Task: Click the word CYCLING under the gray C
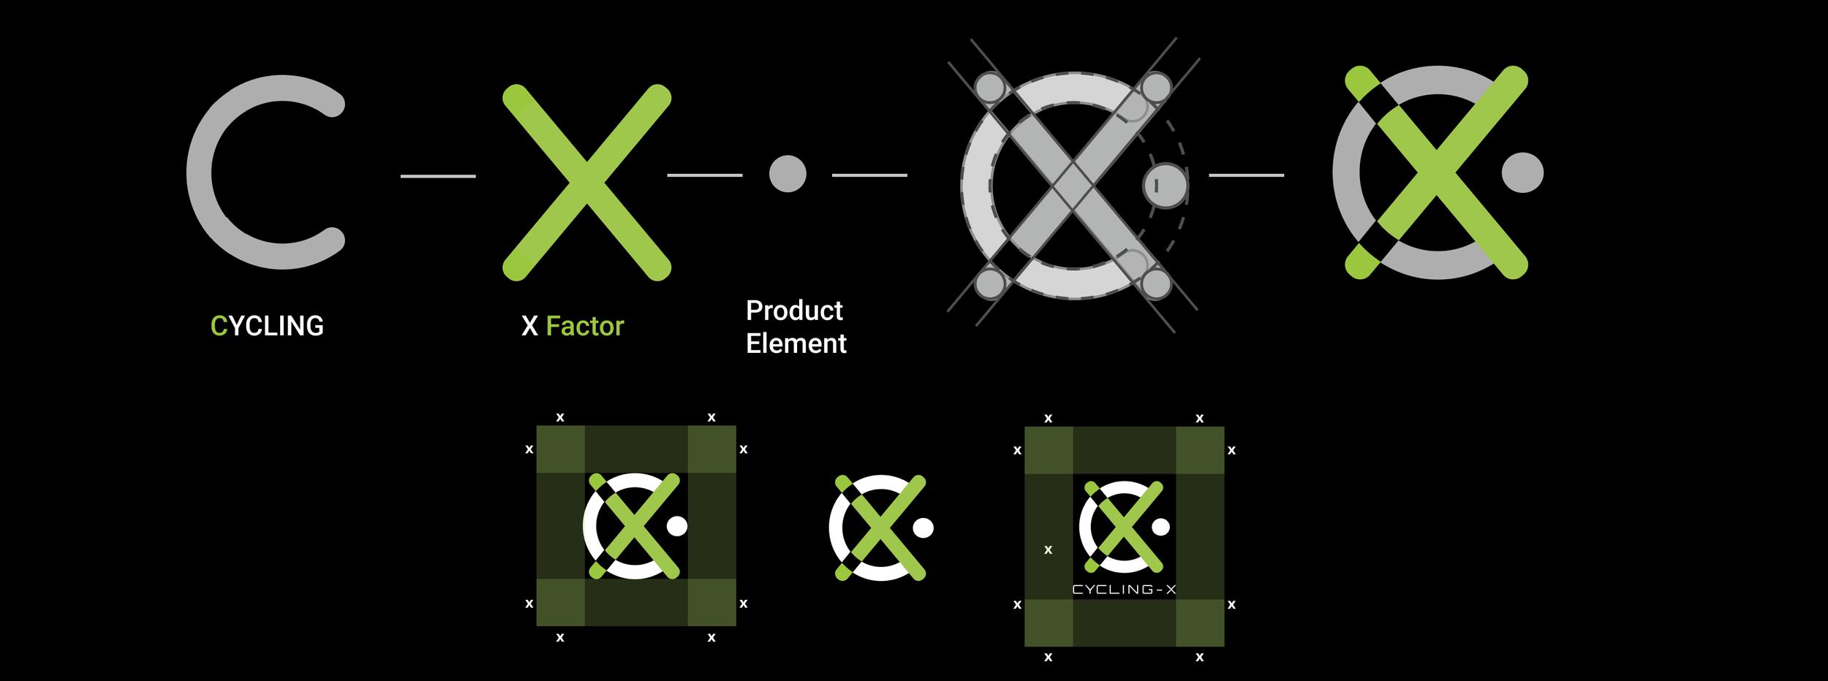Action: [267, 326]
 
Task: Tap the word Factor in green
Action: [585, 326]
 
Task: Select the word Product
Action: [794, 311]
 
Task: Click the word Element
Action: [796, 343]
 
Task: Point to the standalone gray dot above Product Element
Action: [788, 174]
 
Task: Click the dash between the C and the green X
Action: [438, 176]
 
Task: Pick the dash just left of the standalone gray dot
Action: [704, 175]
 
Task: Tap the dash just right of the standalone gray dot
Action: [869, 175]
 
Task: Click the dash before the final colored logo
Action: [1246, 175]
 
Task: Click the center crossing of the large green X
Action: [586, 182]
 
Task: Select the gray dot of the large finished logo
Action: [1522, 172]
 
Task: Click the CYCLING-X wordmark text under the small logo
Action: [1124, 590]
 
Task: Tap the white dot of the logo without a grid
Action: [924, 528]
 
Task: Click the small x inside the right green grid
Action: [1049, 549]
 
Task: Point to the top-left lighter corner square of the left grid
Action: [561, 449]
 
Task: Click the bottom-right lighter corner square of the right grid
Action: [1200, 623]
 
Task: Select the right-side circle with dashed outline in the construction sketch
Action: [1165, 186]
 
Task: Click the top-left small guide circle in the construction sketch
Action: [990, 88]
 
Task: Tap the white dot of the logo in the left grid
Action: [677, 526]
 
